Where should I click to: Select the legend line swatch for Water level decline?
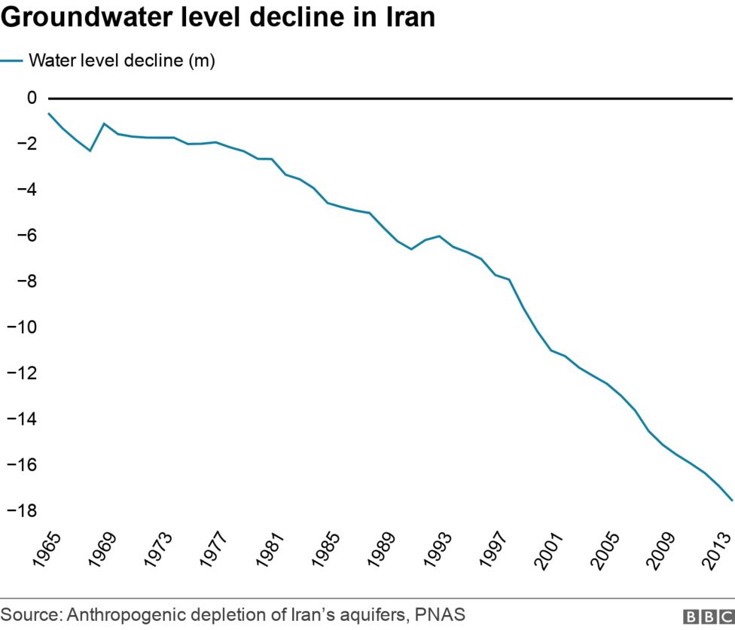(x=11, y=61)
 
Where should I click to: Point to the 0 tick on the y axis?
(x=31, y=98)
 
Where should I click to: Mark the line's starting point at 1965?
(x=49, y=114)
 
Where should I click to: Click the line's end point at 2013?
(x=732, y=500)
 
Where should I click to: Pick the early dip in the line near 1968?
(x=90, y=151)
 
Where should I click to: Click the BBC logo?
(x=707, y=616)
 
